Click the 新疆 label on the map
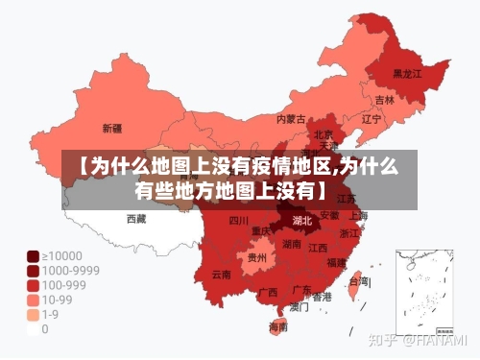(111, 128)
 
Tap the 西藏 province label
(136, 219)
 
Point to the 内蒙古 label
(291, 120)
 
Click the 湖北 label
(301, 221)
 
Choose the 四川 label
(239, 221)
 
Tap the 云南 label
(222, 275)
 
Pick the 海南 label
(278, 326)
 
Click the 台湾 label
(357, 281)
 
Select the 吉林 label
(384, 100)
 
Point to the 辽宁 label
(372, 119)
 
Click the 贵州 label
(256, 257)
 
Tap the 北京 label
(324, 135)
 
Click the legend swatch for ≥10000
(32, 256)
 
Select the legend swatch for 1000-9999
(32, 271)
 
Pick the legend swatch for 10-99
(32, 300)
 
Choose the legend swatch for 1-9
(32, 314)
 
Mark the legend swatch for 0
(32, 328)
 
